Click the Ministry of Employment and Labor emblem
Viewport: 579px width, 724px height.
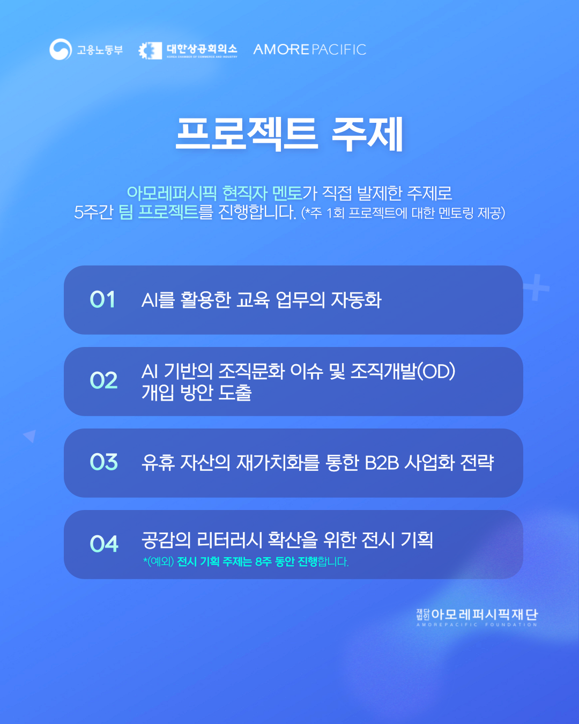click(61, 49)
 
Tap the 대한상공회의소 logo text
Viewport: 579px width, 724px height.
click(202, 49)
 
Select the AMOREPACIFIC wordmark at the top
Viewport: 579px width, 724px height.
click(309, 49)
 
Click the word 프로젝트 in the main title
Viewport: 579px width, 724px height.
click(247, 134)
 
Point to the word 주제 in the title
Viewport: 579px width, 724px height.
click(367, 134)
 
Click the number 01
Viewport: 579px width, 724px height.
click(102, 300)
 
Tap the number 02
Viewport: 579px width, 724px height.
click(103, 381)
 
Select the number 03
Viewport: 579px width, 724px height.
click(103, 462)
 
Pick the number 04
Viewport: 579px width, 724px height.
click(103, 544)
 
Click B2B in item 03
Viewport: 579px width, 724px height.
click(382, 462)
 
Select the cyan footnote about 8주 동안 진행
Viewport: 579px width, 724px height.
click(246, 562)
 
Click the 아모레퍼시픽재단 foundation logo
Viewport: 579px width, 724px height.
click(477, 617)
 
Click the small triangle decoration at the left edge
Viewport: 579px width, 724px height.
click(31, 435)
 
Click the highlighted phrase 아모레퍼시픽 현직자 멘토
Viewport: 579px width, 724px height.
click(214, 193)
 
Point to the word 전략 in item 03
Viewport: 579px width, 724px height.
click(477, 462)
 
